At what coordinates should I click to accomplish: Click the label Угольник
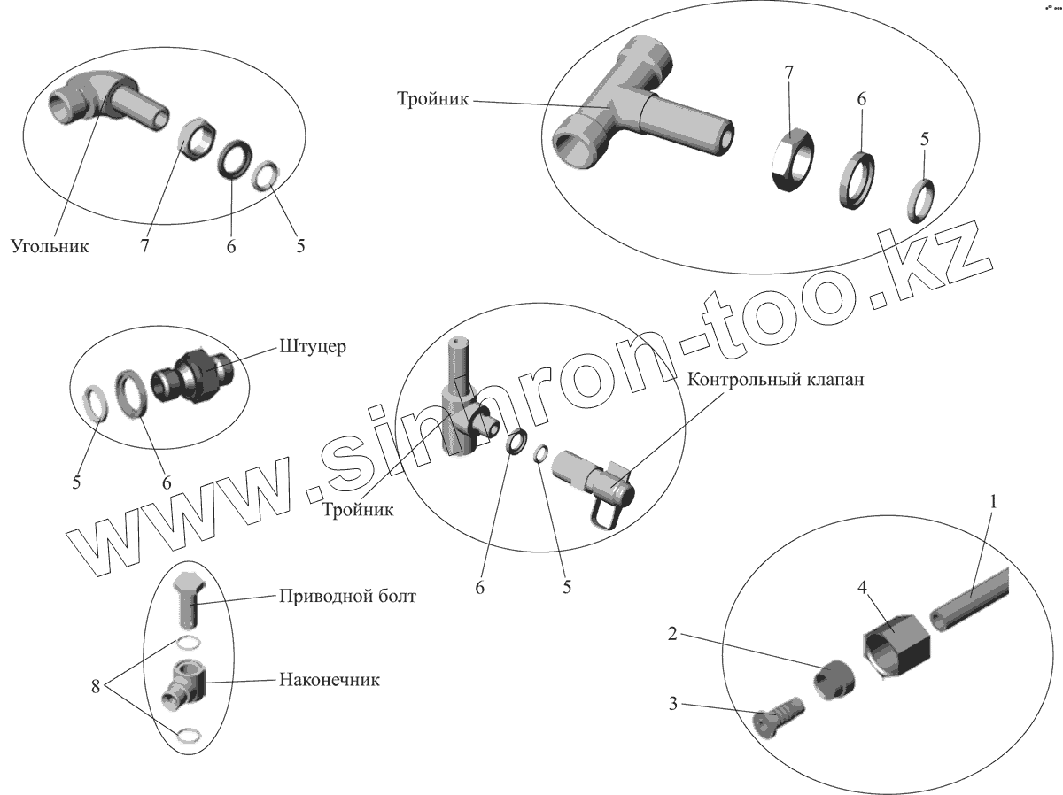[50, 246]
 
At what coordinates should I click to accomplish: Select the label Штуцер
[314, 345]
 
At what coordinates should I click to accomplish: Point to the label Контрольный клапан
[775, 380]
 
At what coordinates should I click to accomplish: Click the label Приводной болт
[347, 596]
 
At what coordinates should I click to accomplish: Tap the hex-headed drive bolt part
[188, 598]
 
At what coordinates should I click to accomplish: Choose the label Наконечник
[330, 680]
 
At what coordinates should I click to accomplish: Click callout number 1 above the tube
[993, 503]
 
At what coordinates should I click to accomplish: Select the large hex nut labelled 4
[896, 645]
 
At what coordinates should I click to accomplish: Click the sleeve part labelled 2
[834, 680]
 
